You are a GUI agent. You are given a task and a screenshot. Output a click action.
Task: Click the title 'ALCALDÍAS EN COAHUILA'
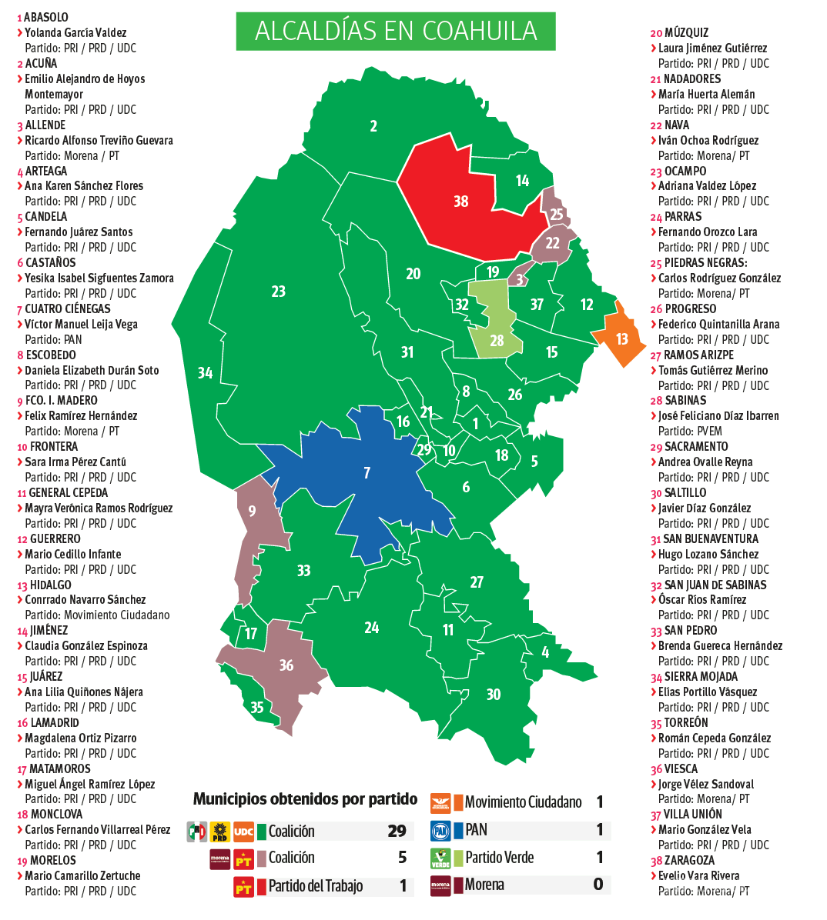click(396, 31)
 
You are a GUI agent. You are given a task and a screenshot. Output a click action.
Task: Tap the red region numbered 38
click(462, 202)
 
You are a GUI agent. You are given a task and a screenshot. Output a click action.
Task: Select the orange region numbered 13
click(621, 339)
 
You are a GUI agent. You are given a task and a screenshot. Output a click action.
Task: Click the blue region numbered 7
click(367, 473)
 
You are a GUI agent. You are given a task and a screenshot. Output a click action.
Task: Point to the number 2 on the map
click(373, 126)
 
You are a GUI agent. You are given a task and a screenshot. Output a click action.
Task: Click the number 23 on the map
click(278, 292)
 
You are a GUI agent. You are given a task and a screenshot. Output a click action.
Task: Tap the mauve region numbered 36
click(286, 665)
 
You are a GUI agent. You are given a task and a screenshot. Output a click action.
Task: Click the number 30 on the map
click(494, 695)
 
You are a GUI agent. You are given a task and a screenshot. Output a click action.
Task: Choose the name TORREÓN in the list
click(686, 723)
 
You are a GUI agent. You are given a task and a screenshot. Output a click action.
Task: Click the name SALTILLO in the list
click(685, 493)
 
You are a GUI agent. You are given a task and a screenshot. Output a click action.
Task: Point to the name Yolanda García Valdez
click(75, 32)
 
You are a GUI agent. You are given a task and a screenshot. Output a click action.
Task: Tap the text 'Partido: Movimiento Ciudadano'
click(97, 615)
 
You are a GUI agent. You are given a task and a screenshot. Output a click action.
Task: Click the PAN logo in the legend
click(440, 831)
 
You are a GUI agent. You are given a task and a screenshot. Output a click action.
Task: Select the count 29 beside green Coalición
click(397, 831)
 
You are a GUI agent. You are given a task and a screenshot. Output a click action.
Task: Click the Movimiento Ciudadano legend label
click(523, 802)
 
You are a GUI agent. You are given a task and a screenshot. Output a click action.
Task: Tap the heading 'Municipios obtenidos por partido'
click(305, 799)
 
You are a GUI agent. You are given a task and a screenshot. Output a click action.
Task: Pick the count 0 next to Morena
click(598, 885)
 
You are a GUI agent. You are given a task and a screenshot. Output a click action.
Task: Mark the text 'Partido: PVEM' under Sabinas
click(690, 432)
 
